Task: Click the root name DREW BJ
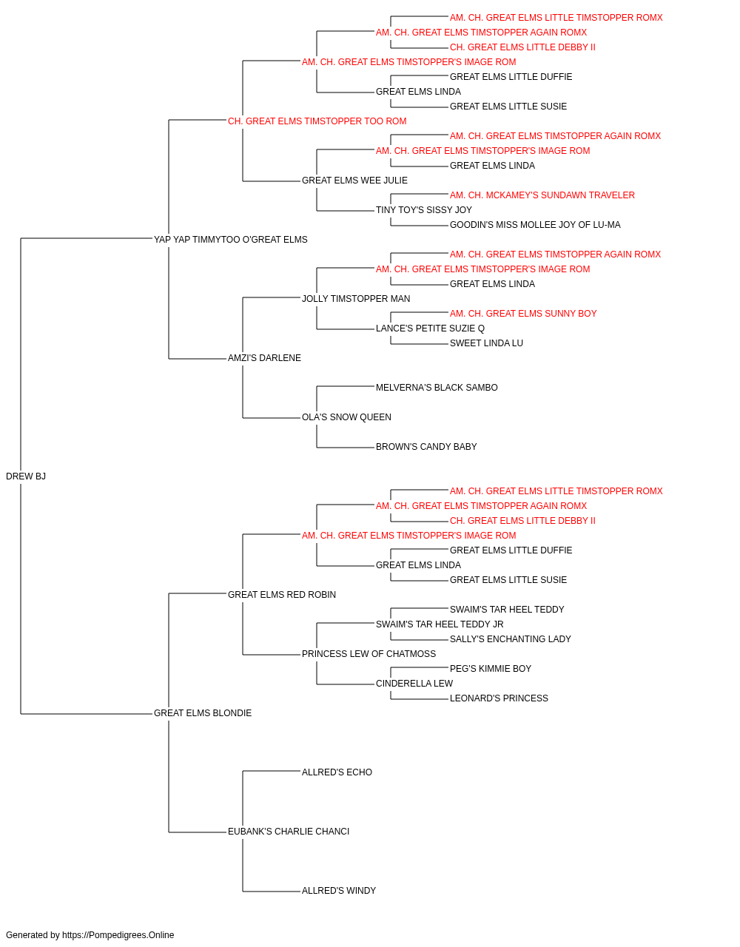pyautogui.click(x=26, y=476)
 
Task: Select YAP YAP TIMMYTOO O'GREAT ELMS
pyautogui.click(x=231, y=240)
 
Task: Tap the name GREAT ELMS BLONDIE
pyautogui.click(x=203, y=713)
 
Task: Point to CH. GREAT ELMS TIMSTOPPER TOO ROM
pyautogui.click(x=317, y=121)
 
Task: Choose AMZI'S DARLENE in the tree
pyautogui.click(x=264, y=358)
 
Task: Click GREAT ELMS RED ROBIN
pyautogui.click(x=282, y=594)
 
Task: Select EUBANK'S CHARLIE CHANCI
pyautogui.click(x=289, y=831)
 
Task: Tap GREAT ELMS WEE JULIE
pyautogui.click(x=354, y=181)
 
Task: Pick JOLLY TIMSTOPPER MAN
pyautogui.click(x=356, y=298)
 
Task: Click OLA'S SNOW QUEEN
pyautogui.click(x=346, y=417)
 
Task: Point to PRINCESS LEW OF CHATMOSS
pyautogui.click(x=369, y=654)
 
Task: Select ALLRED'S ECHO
pyautogui.click(x=337, y=772)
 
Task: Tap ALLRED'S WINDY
pyautogui.click(x=339, y=890)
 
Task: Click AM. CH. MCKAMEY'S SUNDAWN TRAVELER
pyautogui.click(x=542, y=195)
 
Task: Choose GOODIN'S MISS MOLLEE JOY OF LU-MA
pyautogui.click(x=535, y=225)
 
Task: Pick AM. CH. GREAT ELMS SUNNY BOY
pyautogui.click(x=523, y=314)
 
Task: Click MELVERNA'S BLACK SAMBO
pyautogui.click(x=437, y=388)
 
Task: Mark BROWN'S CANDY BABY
pyautogui.click(x=426, y=447)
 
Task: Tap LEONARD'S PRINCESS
pyautogui.click(x=499, y=698)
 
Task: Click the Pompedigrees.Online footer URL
pyautogui.click(x=118, y=935)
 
